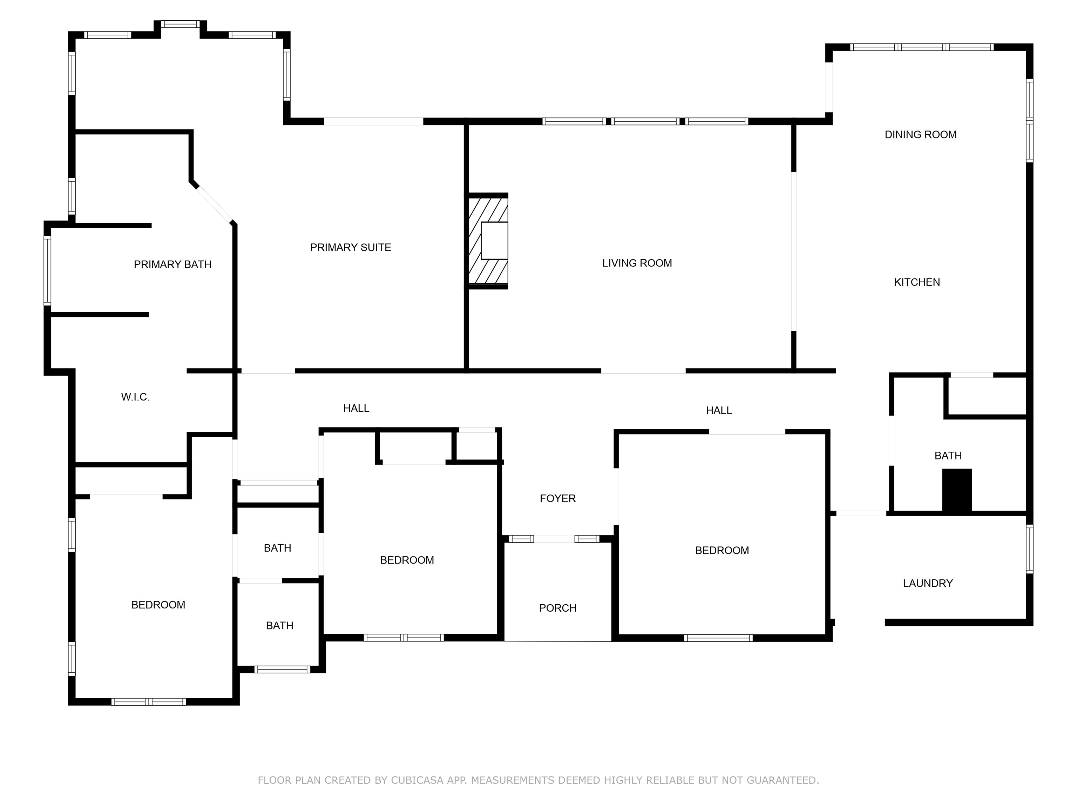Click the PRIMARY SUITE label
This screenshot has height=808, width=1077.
pyautogui.click(x=350, y=248)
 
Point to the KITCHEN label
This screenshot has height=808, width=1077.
pyautogui.click(x=916, y=282)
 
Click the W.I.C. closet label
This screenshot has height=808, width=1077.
pyautogui.click(x=135, y=397)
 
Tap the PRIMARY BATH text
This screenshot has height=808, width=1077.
pyautogui.click(x=172, y=264)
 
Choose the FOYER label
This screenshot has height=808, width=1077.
pyautogui.click(x=557, y=498)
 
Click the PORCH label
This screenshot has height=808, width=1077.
pyautogui.click(x=557, y=608)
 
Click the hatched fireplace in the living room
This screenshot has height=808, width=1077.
pyautogui.click(x=487, y=241)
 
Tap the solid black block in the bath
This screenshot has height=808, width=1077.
pyautogui.click(x=956, y=490)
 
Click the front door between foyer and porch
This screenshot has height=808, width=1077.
pyautogui.click(x=554, y=539)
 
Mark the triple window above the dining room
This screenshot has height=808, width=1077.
pyautogui.click(x=921, y=47)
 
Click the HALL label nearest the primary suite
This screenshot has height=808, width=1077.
pyautogui.click(x=356, y=408)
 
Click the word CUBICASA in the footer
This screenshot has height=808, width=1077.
pyautogui.click(x=417, y=780)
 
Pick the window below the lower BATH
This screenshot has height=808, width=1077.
pyautogui.click(x=282, y=669)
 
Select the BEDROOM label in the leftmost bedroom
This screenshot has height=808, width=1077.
pyautogui.click(x=158, y=605)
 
